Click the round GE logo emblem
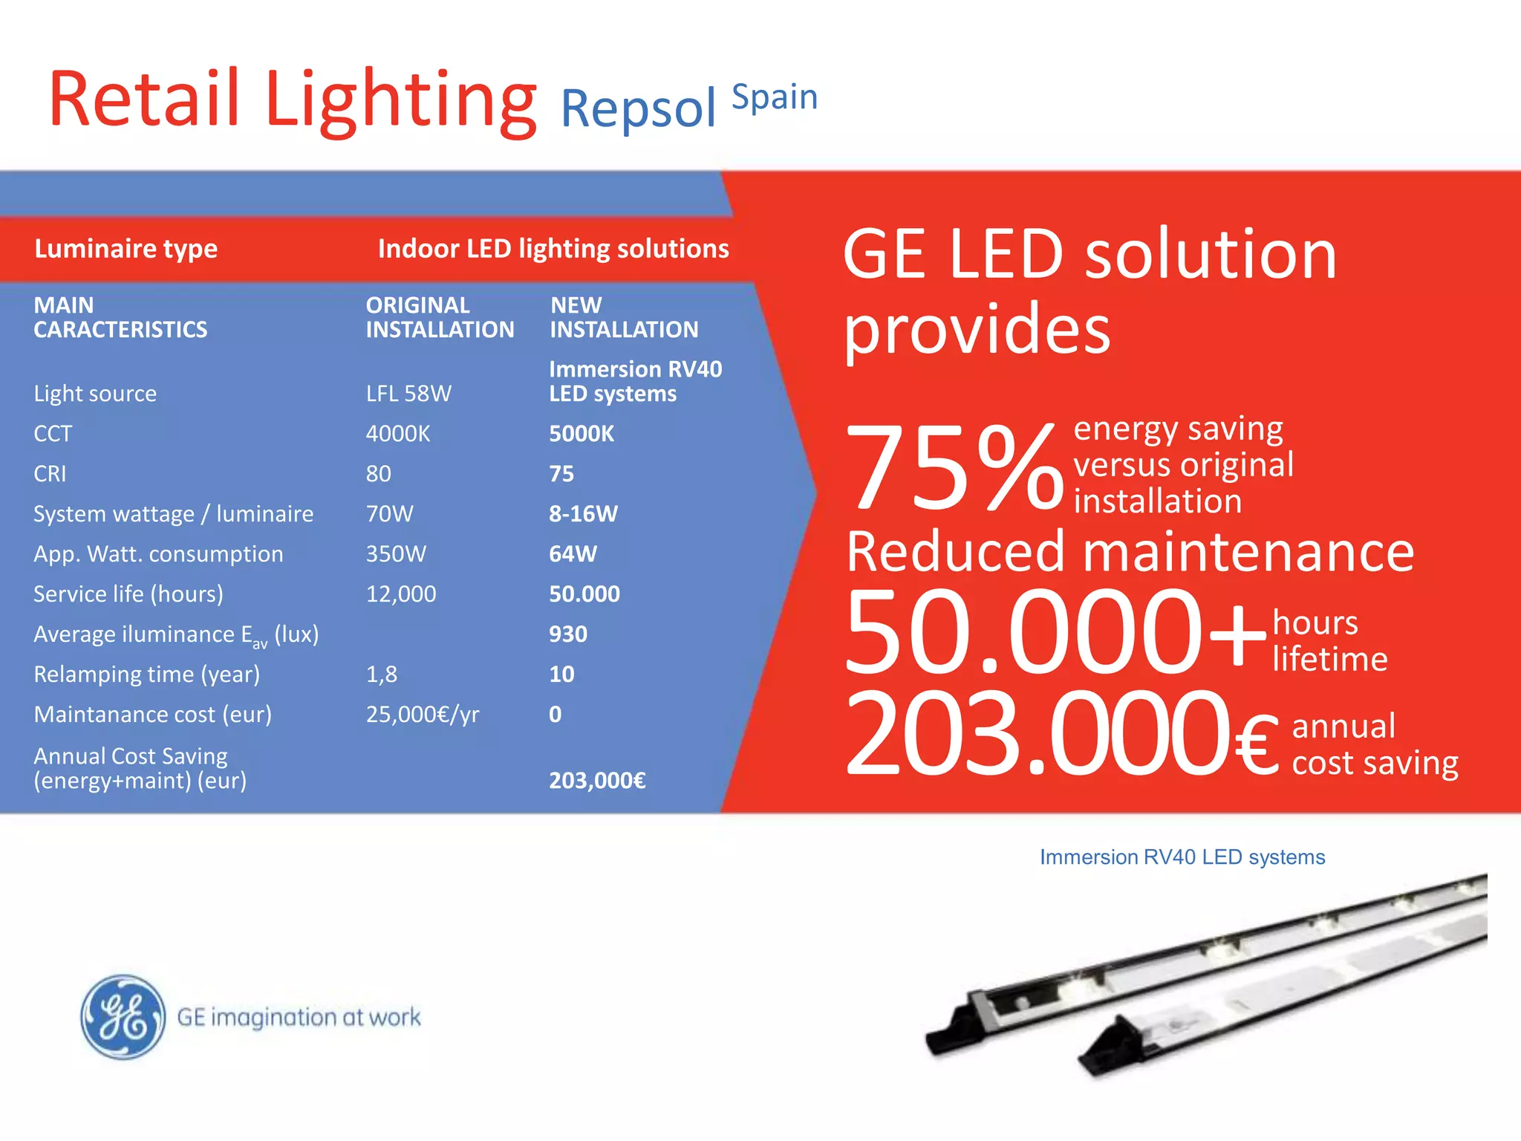(x=123, y=1017)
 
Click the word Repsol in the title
(x=638, y=108)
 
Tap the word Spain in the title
(x=775, y=97)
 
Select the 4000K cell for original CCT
(x=398, y=434)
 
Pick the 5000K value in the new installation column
(x=582, y=434)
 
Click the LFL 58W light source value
(x=408, y=394)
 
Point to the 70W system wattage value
(x=390, y=514)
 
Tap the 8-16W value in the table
(x=583, y=514)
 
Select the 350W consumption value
(x=396, y=554)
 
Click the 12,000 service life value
(x=401, y=594)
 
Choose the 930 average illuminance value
(x=568, y=634)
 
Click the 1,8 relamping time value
(x=382, y=674)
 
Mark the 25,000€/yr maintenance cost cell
(x=423, y=715)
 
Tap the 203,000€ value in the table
(x=597, y=781)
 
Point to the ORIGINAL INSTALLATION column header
(x=440, y=317)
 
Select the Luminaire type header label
(x=126, y=249)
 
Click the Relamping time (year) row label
(x=147, y=674)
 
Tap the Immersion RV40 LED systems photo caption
(x=1182, y=857)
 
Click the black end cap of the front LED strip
(x=1107, y=1048)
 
